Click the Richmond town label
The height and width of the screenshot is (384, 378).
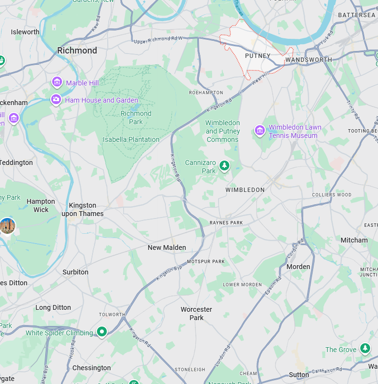[77, 51]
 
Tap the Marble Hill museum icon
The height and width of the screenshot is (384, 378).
[57, 82]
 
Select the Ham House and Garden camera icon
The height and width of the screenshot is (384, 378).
[56, 100]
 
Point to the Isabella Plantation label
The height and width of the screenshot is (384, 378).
[131, 139]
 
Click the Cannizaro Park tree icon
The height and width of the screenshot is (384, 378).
[224, 166]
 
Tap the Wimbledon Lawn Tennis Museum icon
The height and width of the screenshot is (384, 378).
[259, 131]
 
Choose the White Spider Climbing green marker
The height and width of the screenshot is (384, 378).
[102, 332]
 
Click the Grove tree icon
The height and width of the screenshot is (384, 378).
[365, 349]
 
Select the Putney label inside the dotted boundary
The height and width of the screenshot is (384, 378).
[258, 56]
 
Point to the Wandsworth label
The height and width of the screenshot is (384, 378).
[309, 59]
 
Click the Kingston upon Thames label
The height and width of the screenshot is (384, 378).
[83, 210]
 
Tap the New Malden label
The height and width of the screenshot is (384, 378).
[167, 247]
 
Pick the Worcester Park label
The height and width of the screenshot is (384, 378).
[196, 313]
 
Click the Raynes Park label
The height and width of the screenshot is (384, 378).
[226, 222]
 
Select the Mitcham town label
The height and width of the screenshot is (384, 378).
[354, 240]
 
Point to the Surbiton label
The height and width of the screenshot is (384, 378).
[75, 272]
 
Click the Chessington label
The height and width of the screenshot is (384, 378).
[92, 368]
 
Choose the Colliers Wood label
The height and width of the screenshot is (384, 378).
[332, 194]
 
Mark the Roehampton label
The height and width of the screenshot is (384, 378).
[203, 92]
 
